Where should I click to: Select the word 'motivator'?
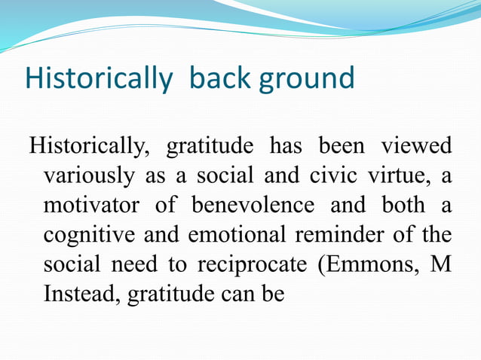(x=92, y=204)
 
